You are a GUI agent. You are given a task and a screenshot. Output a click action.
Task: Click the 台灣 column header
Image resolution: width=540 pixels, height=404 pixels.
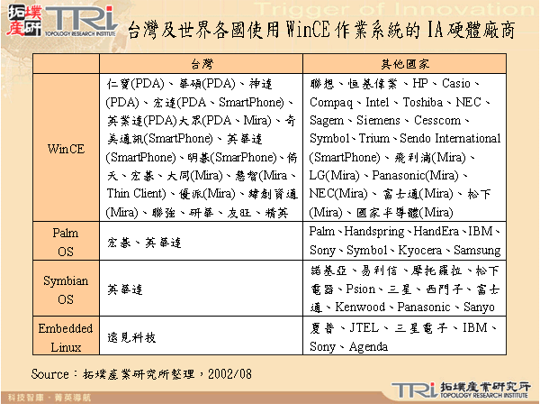coord(202,65)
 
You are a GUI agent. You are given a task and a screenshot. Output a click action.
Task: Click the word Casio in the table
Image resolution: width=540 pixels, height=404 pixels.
coord(462,82)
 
